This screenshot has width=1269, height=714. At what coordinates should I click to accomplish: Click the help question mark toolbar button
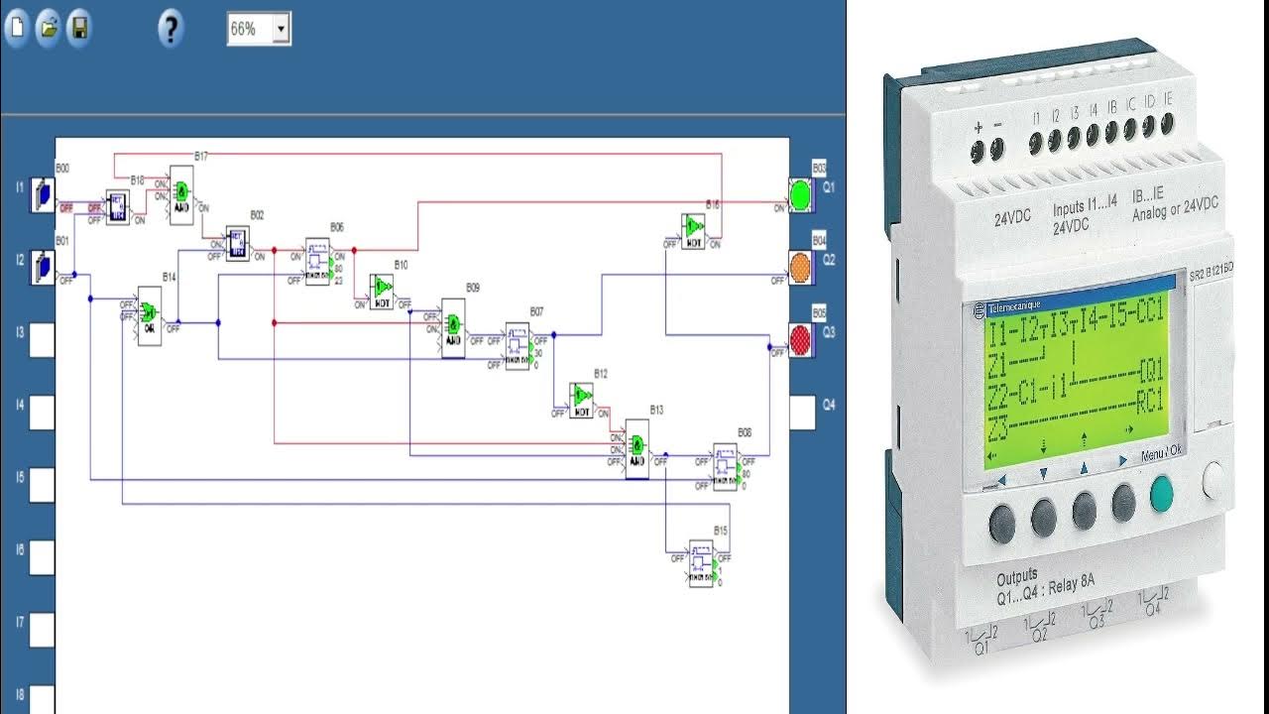[x=171, y=29]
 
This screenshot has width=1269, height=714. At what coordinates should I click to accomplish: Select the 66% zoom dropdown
[x=259, y=29]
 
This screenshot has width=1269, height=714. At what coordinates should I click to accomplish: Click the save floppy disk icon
[x=78, y=28]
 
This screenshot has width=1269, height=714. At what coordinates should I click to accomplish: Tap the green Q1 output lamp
[x=800, y=193]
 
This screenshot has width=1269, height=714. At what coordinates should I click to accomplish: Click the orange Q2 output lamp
[x=800, y=266]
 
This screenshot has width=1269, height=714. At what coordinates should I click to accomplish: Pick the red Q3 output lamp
[x=800, y=339]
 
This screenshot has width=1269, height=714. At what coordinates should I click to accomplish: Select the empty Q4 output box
[x=802, y=413]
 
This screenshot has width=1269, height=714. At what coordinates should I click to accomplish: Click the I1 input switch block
[x=42, y=194]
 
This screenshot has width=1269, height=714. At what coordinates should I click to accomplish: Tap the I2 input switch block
[x=42, y=267]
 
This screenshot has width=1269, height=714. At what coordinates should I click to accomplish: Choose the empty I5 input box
[x=42, y=485]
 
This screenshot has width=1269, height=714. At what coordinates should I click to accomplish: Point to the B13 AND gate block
[x=636, y=448]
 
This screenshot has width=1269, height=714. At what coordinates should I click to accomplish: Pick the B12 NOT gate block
[x=582, y=399]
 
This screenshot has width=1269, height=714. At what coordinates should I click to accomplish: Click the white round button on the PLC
[x=1215, y=480]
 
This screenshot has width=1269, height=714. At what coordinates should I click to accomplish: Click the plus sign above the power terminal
[x=978, y=127]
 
